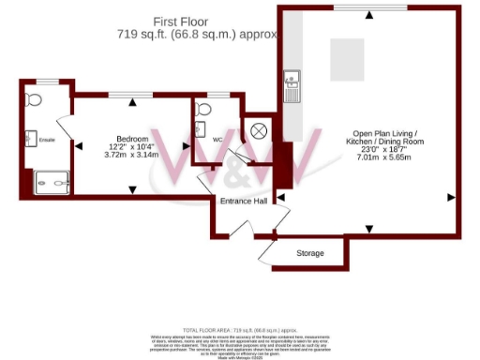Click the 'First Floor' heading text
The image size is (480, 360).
[x=194, y=21]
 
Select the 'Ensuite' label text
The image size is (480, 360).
[x=47, y=141]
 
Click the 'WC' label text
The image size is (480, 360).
[x=217, y=140]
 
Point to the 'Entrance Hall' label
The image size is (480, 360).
[x=244, y=202]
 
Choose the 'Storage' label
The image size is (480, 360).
[x=310, y=253]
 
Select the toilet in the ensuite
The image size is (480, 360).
[x=35, y=98]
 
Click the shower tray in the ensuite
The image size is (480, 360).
[x=47, y=180]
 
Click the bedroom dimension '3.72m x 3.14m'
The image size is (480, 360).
[x=132, y=155]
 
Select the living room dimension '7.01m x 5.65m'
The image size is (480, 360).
[x=379, y=158]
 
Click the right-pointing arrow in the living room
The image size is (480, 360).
[x=452, y=197]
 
